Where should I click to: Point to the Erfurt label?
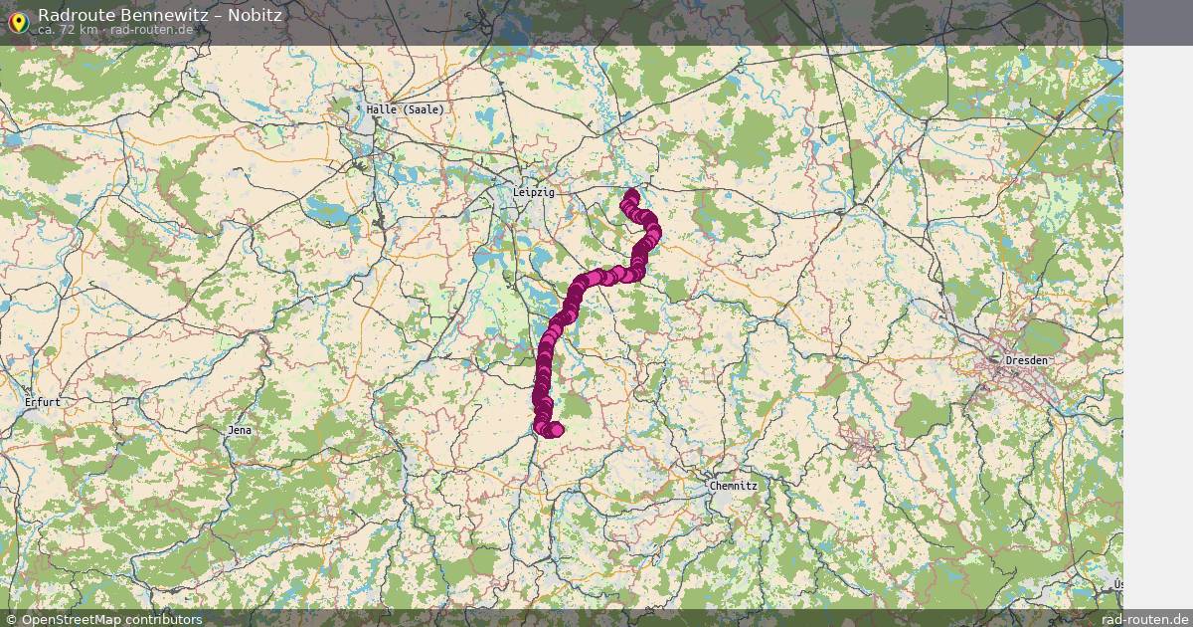44,402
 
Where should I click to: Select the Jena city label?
240,430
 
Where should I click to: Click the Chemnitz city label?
734,486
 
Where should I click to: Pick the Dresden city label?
1026,359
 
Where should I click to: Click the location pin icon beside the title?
18,22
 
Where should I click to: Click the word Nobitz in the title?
257,15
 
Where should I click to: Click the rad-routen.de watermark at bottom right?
1145,619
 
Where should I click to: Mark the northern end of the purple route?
631,193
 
